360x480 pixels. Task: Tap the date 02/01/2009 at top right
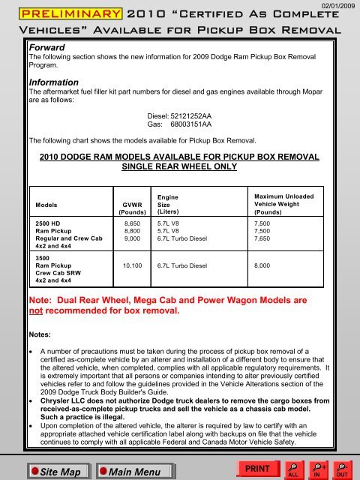click(337, 5)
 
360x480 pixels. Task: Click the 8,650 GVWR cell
click(132, 223)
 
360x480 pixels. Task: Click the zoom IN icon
click(319, 469)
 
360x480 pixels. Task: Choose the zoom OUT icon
click(343, 469)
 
